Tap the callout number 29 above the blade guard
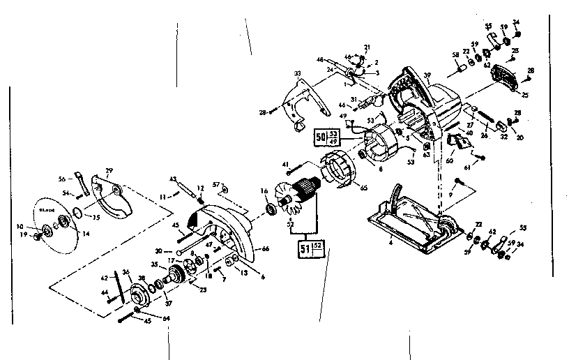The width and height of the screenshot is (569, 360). coord(109,171)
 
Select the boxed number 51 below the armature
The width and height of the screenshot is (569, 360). coord(305,248)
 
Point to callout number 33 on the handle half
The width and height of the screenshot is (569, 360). coord(297,73)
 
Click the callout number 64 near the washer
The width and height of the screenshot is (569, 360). coord(145,320)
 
